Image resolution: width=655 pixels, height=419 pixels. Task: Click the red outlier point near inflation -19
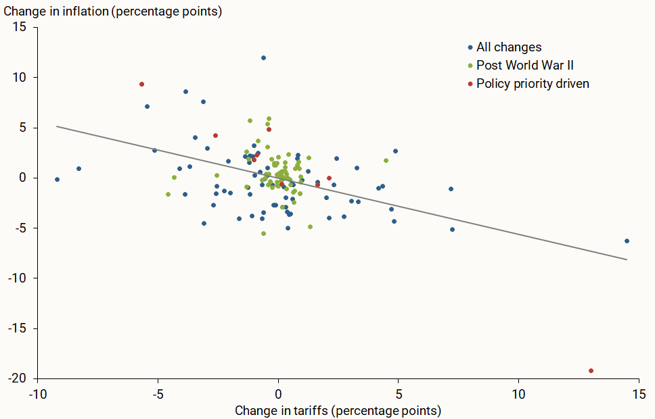point(591,370)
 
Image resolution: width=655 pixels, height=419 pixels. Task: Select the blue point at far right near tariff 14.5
point(627,241)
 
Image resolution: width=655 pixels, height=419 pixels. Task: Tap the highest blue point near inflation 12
point(263,58)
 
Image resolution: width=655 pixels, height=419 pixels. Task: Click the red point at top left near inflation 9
point(141,84)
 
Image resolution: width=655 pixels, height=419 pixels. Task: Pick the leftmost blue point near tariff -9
point(57,179)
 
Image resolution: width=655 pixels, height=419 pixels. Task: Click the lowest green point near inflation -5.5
point(263,233)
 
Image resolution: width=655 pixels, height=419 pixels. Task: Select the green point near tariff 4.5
point(386,160)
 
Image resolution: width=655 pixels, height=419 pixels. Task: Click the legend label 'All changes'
point(509,47)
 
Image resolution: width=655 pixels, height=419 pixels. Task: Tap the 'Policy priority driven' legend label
point(533,84)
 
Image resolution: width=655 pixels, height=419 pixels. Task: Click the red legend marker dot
point(470,84)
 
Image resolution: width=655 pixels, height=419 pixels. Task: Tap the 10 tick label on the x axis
point(518,393)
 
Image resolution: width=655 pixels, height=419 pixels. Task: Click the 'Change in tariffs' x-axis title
point(338,410)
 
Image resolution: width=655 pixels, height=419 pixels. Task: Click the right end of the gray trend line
point(627,260)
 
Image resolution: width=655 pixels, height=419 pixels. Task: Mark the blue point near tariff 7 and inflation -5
point(452,229)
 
